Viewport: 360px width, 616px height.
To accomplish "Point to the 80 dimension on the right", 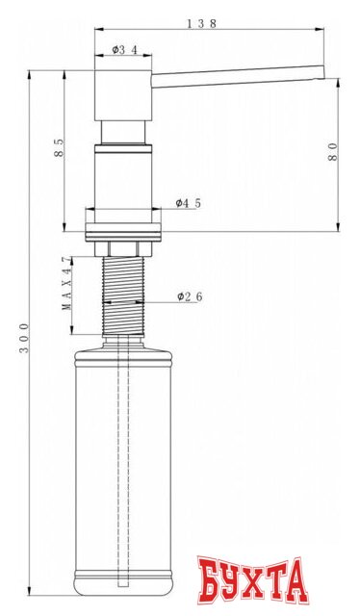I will pyautogui.click(x=333, y=151).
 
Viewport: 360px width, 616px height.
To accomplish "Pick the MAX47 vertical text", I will pyautogui.click(x=66, y=284).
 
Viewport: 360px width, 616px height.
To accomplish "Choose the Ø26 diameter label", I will pyautogui.click(x=190, y=296).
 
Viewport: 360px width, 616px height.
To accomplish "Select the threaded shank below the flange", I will pyautogui.click(x=123, y=294).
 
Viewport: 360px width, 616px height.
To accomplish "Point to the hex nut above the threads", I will pyautogui.click(x=123, y=248).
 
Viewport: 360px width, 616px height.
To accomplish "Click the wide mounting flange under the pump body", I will pyautogui.click(x=123, y=230).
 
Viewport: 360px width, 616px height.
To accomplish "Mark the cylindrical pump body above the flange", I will pyautogui.click(x=123, y=178).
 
